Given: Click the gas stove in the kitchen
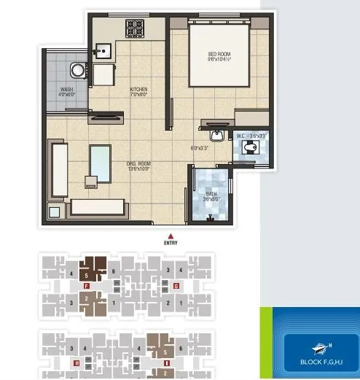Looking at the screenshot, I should [x=135, y=27].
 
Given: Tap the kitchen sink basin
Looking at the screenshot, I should [x=103, y=50].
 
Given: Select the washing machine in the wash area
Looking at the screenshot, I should [x=78, y=70].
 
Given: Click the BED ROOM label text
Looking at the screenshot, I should [x=219, y=55].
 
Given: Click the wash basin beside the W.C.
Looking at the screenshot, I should [x=216, y=136].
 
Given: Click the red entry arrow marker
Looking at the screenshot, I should [x=170, y=236].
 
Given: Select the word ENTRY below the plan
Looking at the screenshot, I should [x=170, y=243].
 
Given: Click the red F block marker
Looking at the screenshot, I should [x=87, y=287].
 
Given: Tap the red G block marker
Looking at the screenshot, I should [x=176, y=287].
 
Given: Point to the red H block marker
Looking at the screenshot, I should [x=77, y=362].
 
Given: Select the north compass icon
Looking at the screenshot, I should [x=320, y=348].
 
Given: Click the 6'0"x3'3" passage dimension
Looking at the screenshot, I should [x=200, y=148].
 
